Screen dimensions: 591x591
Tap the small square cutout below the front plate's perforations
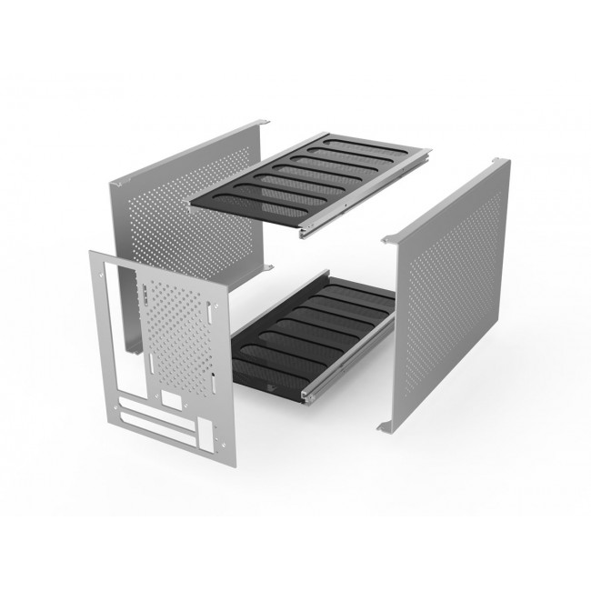[169, 399]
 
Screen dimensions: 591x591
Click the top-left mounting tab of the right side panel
[390, 239]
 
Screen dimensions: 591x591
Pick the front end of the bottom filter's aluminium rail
[306, 398]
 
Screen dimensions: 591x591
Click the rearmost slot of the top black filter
[346, 144]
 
